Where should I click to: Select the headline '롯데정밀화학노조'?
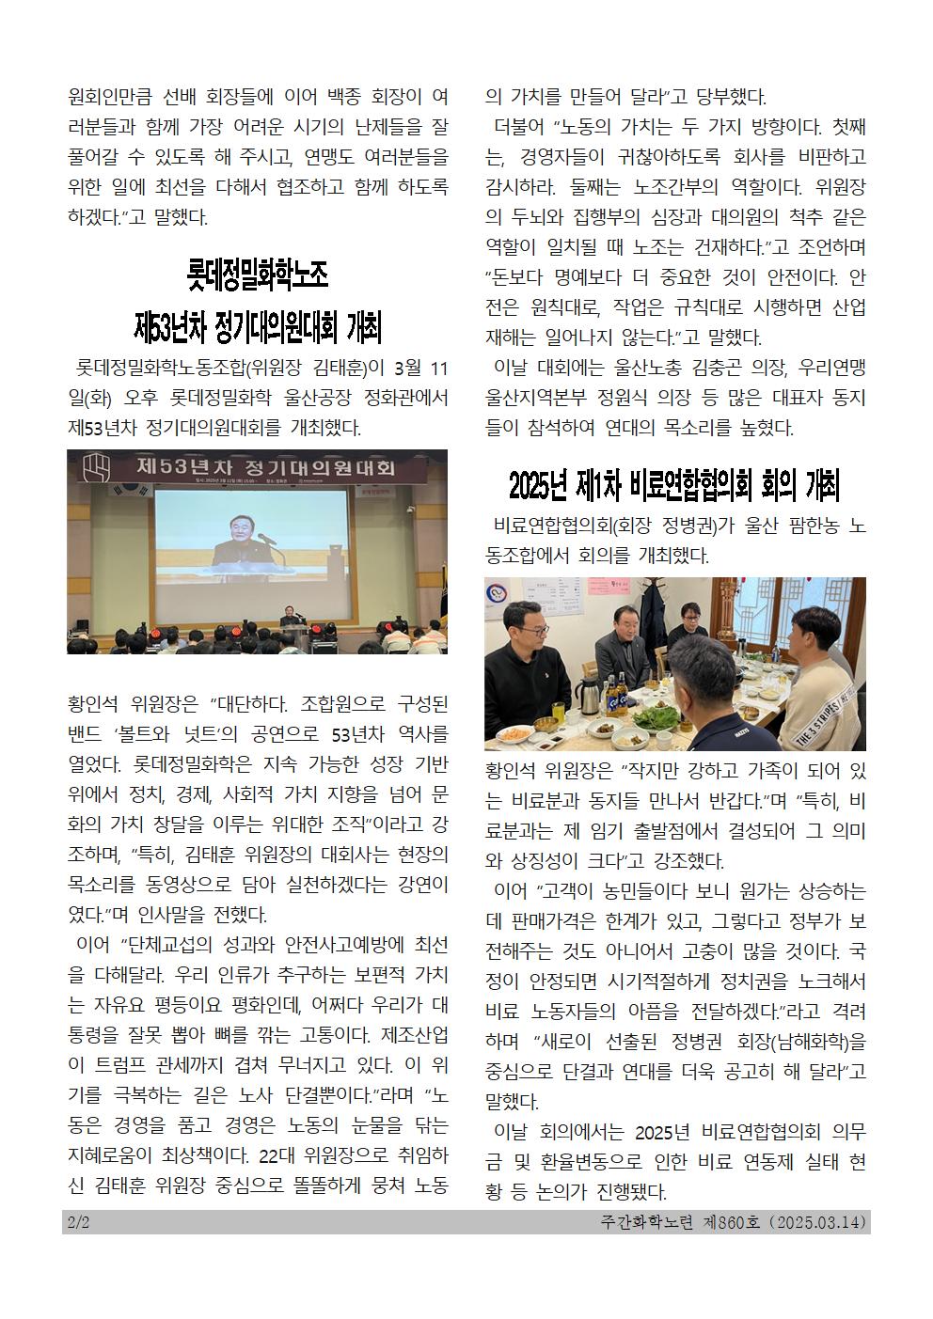point(257,276)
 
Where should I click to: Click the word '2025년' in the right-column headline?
point(539,486)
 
